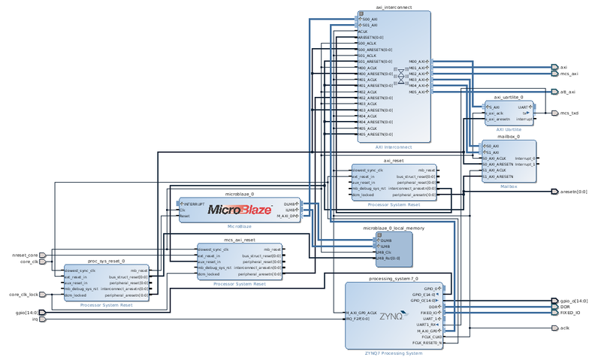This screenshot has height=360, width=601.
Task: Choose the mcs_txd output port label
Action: click(x=569, y=113)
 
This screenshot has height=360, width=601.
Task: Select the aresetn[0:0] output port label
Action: click(x=572, y=192)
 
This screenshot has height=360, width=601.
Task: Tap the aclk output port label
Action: click(x=565, y=328)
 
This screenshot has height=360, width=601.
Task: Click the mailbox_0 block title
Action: click(x=508, y=138)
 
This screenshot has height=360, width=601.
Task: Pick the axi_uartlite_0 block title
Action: click(x=508, y=98)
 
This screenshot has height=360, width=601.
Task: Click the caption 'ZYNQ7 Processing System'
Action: click(x=393, y=352)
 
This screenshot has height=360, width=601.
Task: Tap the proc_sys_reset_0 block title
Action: click(x=106, y=261)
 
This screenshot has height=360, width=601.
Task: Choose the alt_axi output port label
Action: click(x=567, y=92)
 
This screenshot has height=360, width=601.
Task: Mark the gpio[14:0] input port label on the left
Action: click(x=26, y=311)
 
